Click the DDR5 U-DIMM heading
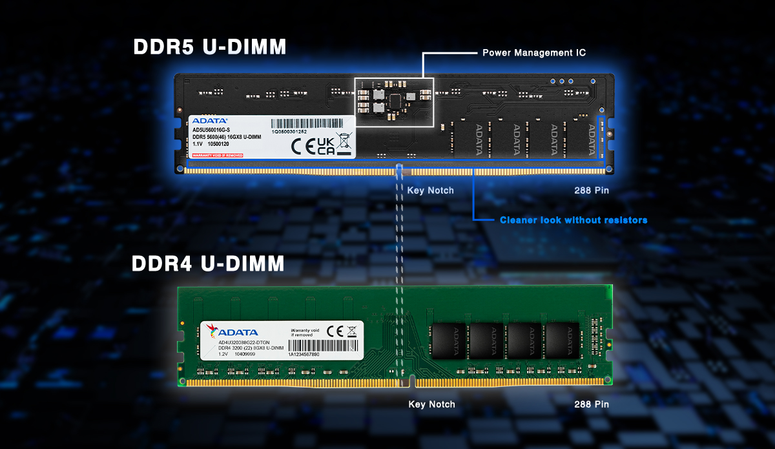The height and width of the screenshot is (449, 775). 209,47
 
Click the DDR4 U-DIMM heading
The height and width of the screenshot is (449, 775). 208,264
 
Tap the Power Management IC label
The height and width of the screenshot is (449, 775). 534,52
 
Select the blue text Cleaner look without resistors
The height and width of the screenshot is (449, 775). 573,220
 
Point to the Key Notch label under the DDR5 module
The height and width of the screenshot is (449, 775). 430,191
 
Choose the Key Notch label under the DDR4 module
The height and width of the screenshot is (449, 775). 431,404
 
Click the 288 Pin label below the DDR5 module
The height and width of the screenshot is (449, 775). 592,191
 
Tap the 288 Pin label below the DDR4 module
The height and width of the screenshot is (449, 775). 592,404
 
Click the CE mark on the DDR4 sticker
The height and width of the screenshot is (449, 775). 335,331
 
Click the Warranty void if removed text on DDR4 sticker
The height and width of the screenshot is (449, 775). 305,332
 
